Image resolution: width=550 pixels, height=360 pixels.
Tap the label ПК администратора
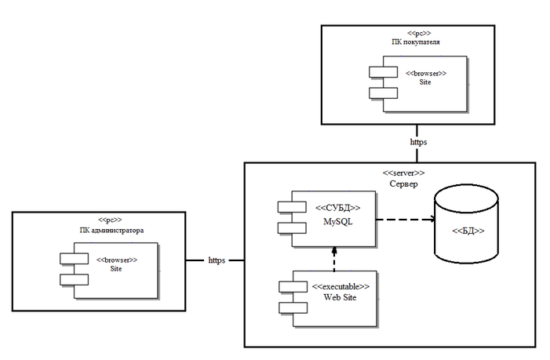click(x=110, y=231)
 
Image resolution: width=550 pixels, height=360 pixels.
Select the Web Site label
click(x=338, y=299)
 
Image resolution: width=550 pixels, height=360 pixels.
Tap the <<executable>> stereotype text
click(x=338, y=288)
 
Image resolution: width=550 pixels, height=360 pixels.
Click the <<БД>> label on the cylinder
click(x=468, y=231)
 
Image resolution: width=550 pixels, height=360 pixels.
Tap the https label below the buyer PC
click(x=418, y=143)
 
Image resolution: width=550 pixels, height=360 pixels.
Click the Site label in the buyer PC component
click(x=426, y=82)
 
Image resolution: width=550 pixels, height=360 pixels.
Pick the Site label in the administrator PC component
click(x=116, y=269)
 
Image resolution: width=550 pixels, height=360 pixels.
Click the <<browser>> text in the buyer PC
click(x=426, y=73)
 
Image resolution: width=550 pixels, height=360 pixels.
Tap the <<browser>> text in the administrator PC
click(x=116, y=259)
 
